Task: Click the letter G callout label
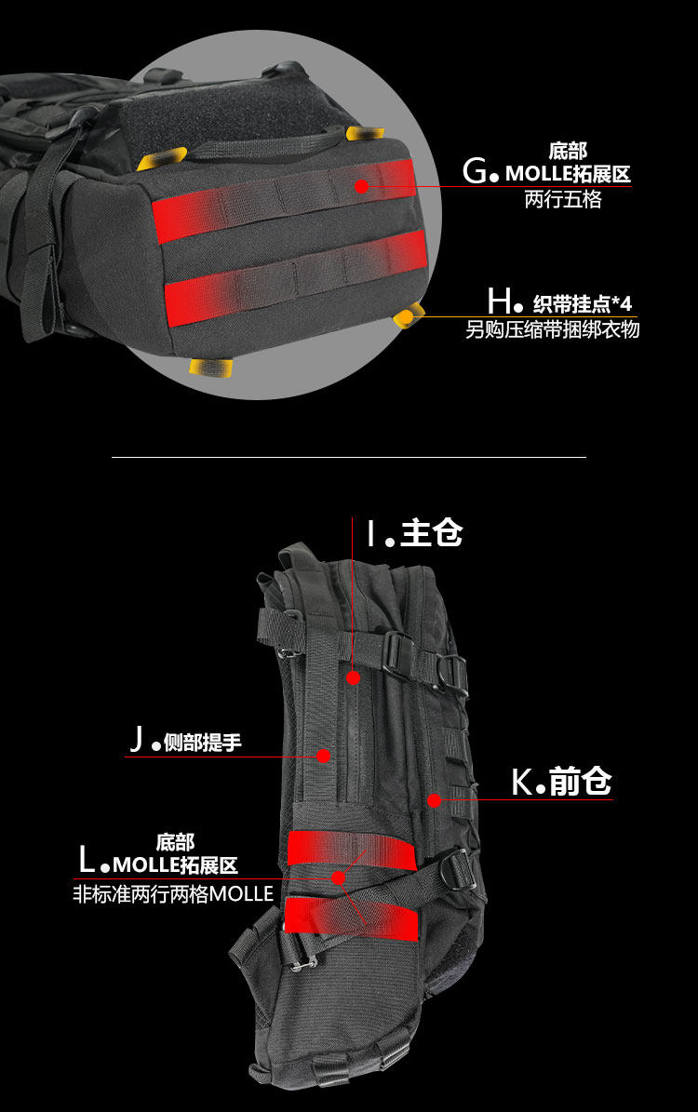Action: pyautogui.click(x=475, y=171)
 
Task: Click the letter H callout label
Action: pyautogui.click(x=499, y=301)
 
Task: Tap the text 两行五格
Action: pyautogui.click(x=563, y=199)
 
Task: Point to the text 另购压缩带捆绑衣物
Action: pyautogui.click(x=553, y=329)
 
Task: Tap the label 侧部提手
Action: pyautogui.click(x=202, y=743)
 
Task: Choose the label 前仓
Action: pyautogui.click(x=580, y=783)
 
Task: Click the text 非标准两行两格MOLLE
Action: pyautogui.click(x=173, y=894)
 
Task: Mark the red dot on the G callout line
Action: pyautogui.click(x=362, y=186)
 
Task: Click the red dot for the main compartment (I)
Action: pyautogui.click(x=353, y=677)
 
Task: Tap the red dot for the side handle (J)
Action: pyautogui.click(x=323, y=756)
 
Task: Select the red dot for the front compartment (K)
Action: pyautogui.click(x=434, y=799)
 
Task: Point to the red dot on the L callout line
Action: pyautogui.click(x=339, y=877)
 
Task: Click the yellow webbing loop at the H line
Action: pyautogui.click(x=408, y=316)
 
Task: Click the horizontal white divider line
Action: pyautogui.click(x=349, y=458)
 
